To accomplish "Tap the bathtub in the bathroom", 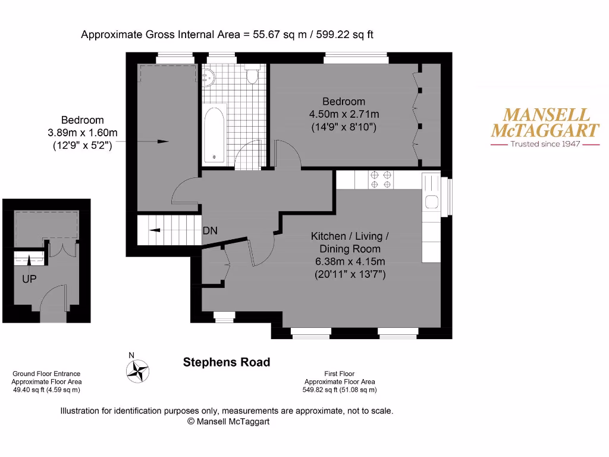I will pos(214,134).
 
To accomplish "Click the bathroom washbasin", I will pos(208,76).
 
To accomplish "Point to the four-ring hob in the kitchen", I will pos(381,180).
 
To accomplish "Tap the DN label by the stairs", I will pos(210,231).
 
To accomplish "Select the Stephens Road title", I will pos(226,362).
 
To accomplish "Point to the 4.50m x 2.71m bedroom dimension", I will pos(344,114).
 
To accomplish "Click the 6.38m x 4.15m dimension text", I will pos(350,262).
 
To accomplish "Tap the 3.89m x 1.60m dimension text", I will pos(82,133).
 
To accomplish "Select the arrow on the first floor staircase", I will pos(154,230).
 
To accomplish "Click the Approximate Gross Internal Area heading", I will pos(227,35).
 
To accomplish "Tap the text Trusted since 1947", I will pos(545,144).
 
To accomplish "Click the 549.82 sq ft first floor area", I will pos(340,390).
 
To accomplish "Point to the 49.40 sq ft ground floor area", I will pos(46,390).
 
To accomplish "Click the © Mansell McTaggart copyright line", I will pos(228,421).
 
